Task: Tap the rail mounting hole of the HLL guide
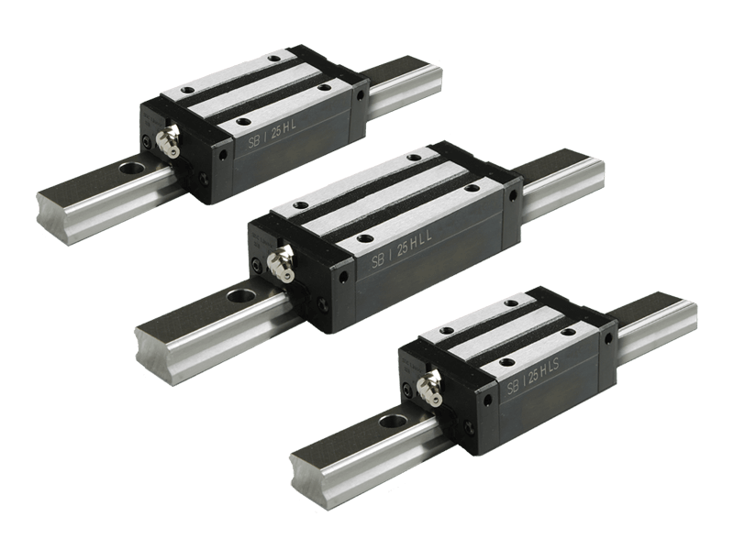click(244, 297)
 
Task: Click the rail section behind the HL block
click(404, 82)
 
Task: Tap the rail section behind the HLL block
click(560, 189)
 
